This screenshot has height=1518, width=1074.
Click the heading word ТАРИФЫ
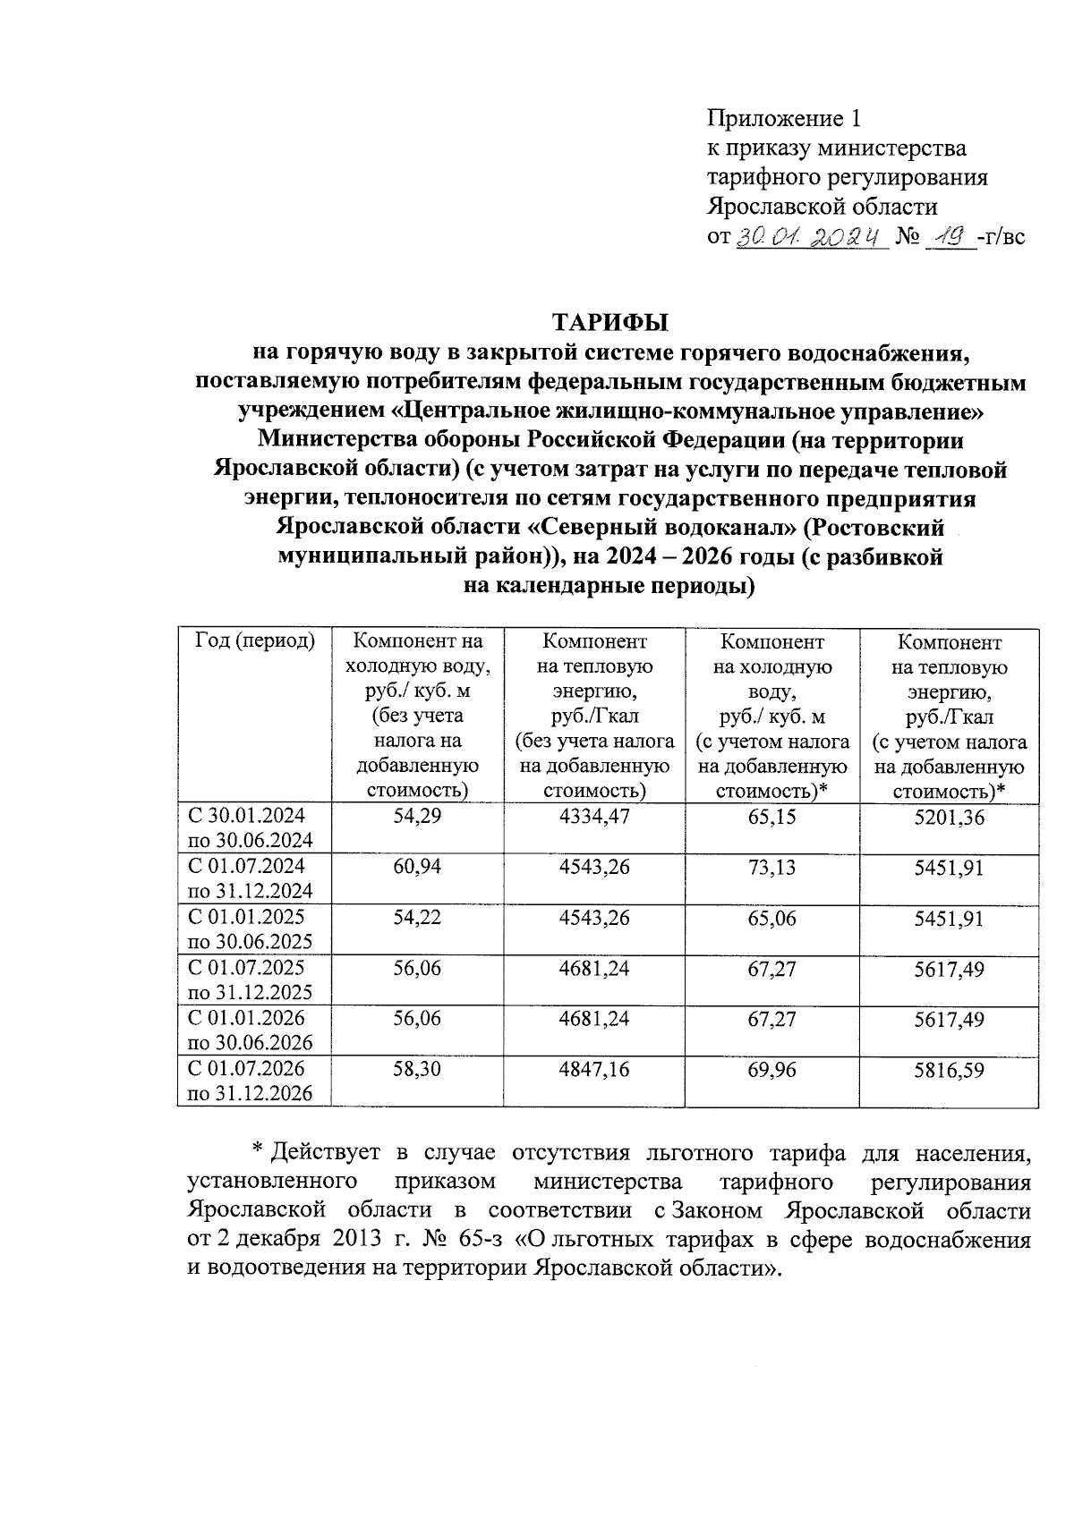pyautogui.click(x=610, y=322)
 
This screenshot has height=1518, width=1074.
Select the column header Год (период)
pyautogui.click(x=254, y=641)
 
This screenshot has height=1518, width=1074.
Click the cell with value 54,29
pyautogui.click(x=417, y=816)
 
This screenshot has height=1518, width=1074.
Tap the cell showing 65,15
pyautogui.click(x=771, y=816)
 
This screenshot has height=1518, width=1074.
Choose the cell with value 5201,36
pyautogui.click(x=949, y=816)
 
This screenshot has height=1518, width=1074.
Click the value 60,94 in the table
pyautogui.click(x=417, y=867)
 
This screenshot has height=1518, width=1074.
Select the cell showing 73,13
pyautogui.click(x=771, y=867)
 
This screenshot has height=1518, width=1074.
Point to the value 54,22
pyautogui.click(x=417, y=918)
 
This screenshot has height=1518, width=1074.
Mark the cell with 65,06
pyautogui.click(x=771, y=918)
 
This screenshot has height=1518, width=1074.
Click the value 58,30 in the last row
pyautogui.click(x=417, y=1069)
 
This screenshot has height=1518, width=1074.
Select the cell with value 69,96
pyautogui.click(x=771, y=1069)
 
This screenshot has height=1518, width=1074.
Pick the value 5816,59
pyautogui.click(x=949, y=1069)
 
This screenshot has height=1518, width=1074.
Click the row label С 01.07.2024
pyautogui.click(x=246, y=866)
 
